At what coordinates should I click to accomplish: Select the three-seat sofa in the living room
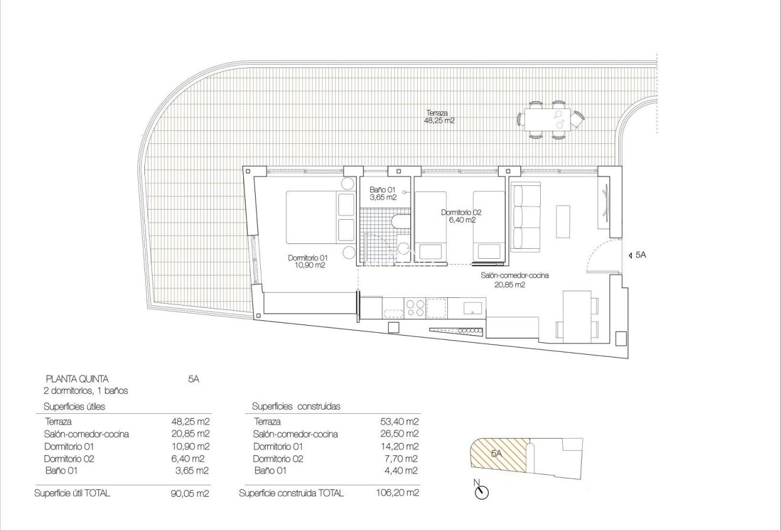click(x=526, y=217)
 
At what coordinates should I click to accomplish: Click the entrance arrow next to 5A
click(x=628, y=255)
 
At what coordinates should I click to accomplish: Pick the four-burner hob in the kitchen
click(x=415, y=307)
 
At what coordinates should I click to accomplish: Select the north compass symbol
click(x=482, y=491)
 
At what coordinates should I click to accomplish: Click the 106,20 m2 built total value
click(x=398, y=493)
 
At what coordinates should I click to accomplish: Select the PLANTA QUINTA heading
click(x=77, y=379)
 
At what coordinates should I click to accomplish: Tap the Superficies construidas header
click(x=296, y=406)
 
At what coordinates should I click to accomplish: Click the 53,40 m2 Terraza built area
click(x=399, y=422)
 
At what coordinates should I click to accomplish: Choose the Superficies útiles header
click(x=74, y=406)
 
